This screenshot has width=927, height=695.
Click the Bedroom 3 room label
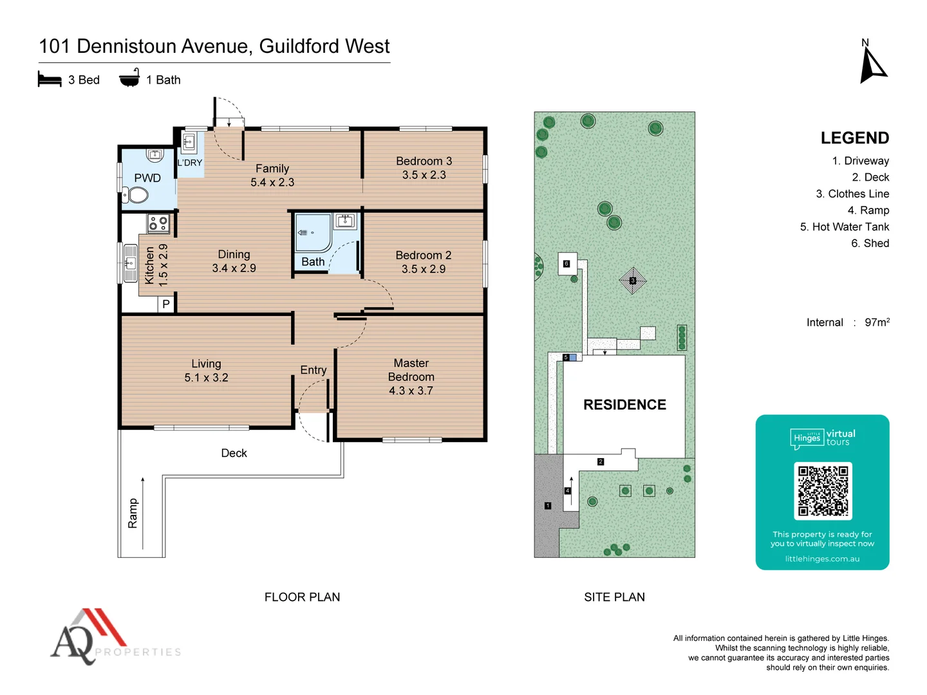(424, 161)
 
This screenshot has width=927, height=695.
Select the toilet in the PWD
(136, 194)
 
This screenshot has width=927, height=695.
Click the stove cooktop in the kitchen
(158, 223)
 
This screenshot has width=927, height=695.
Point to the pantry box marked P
(166, 304)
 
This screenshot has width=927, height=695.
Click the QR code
(823, 491)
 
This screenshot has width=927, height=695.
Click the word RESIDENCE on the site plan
(624, 405)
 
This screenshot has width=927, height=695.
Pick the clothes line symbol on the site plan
(633, 281)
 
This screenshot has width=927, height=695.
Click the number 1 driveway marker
(548, 506)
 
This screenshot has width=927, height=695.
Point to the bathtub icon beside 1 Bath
(129, 79)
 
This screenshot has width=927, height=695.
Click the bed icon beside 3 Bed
(50, 79)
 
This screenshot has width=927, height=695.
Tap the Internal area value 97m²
(877, 322)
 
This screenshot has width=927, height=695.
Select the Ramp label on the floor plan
(133, 514)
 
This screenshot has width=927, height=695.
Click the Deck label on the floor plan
(234, 453)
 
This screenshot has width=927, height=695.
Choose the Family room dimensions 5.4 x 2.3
(272, 183)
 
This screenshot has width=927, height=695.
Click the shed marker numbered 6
(566, 264)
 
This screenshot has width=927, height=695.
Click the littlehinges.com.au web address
(822, 559)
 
